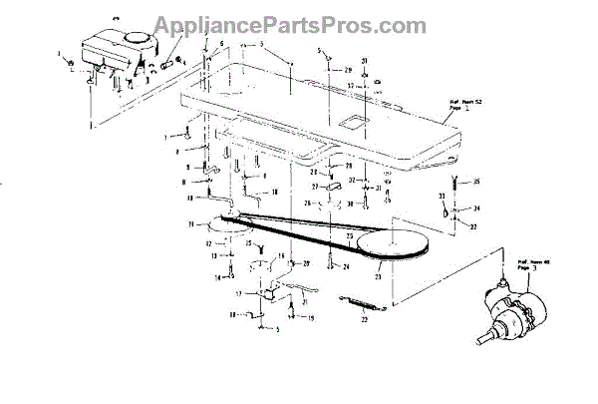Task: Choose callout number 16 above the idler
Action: click(281, 256)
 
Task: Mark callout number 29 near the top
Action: click(349, 71)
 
